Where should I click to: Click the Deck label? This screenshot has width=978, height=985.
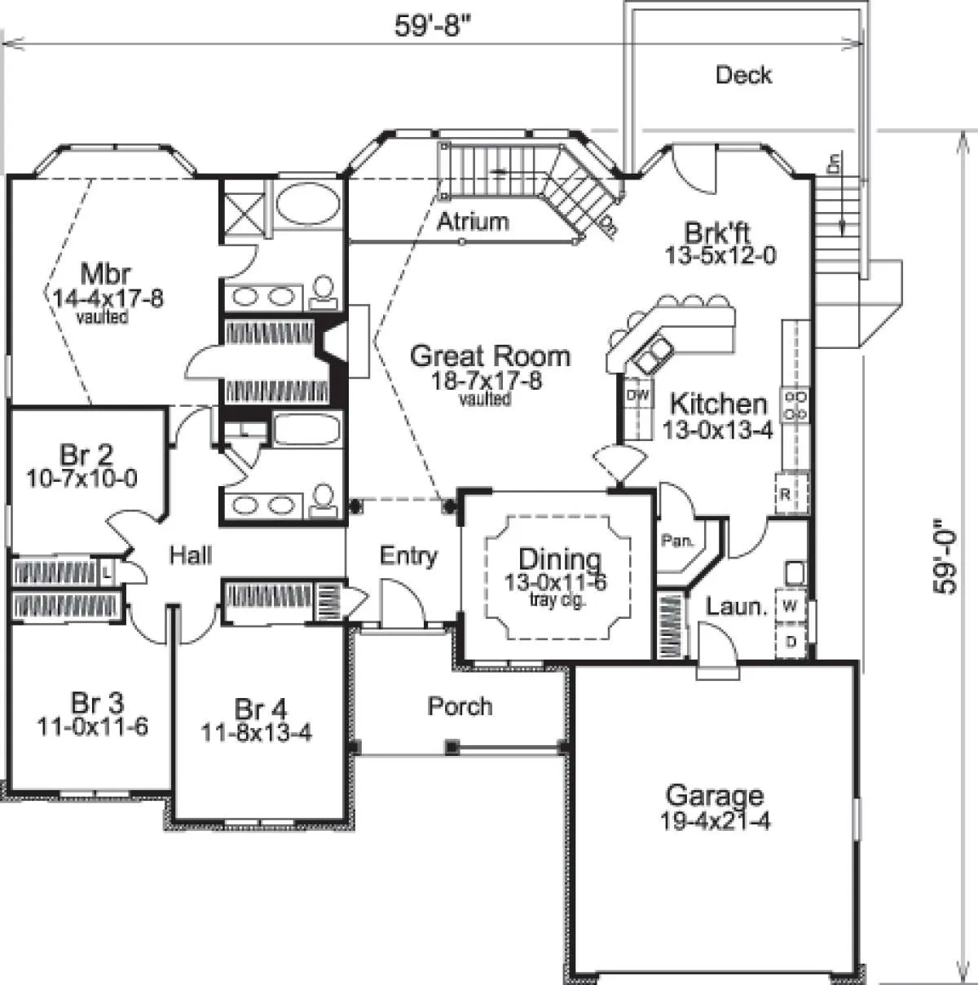tap(743, 75)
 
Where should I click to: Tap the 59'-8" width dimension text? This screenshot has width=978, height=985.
tap(432, 26)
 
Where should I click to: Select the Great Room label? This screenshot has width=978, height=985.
tap(490, 356)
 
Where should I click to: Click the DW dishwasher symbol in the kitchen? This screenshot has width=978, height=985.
tap(637, 395)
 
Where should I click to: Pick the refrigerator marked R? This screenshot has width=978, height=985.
tap(791, 494)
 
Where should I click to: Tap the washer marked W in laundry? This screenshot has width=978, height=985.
tap(790, 606)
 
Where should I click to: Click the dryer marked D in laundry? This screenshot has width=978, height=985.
tap(791, 641)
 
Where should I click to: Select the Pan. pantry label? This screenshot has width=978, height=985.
tap(677, 541)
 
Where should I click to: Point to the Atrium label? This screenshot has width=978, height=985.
tap(474, 222)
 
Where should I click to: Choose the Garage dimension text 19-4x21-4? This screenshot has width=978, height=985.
tap(715, 820)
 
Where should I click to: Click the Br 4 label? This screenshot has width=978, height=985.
tap(261, 709)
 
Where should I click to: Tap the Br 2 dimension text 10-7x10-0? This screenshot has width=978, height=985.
tap(81, 479)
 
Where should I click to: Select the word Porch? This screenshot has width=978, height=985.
tap(460, 706)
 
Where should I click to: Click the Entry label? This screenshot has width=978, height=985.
tap(409, 556)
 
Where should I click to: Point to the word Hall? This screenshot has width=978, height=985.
tap(191, 555)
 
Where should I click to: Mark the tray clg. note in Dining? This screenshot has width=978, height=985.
tap(557, 599)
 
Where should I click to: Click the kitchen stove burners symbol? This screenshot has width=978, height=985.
tap(795, 405)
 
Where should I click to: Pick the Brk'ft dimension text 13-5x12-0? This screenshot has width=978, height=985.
tap(720, 255)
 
